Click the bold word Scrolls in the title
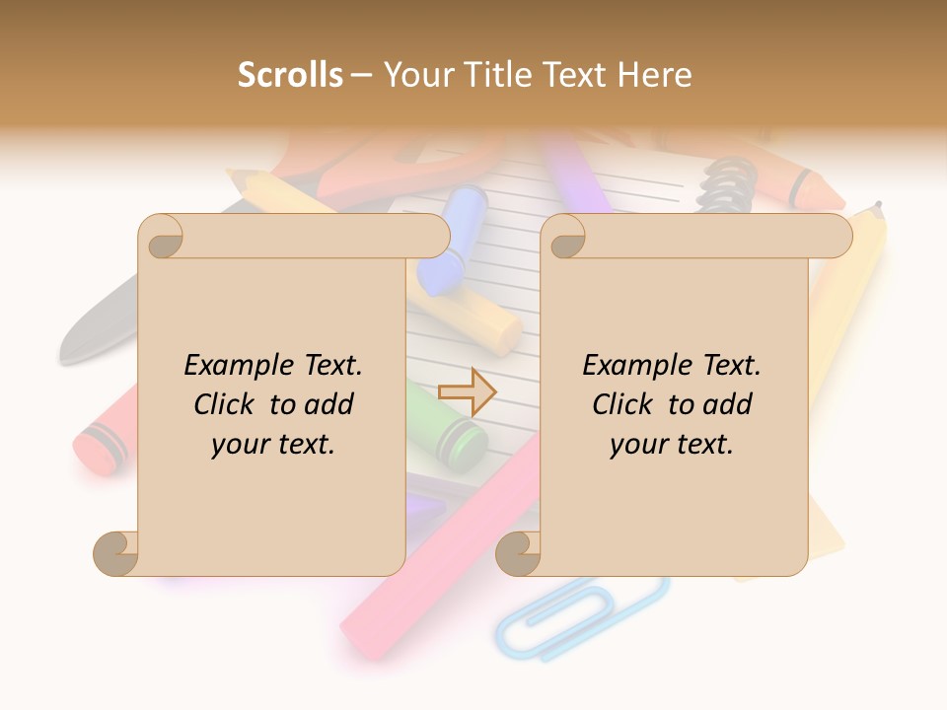pyautogui.click(x=290, y=75)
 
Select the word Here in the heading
pyautogui.click(x=655, y=75)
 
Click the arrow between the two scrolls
pyautogui.click(x=467, y=391)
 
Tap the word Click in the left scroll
pyautogui.click(x=216, y=404)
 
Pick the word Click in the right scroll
pyautogui.click(x=615, y=404)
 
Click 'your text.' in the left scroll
pyautogui.click(x=273, y=444)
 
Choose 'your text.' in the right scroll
pyautogui.click(x=672, y=444)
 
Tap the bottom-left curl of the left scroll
pyautogui.click(x=116, y=553)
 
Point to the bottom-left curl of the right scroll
pyautogui.click(x=518, y=553)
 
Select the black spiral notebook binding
pyautogui.click(x=728, y=182)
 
